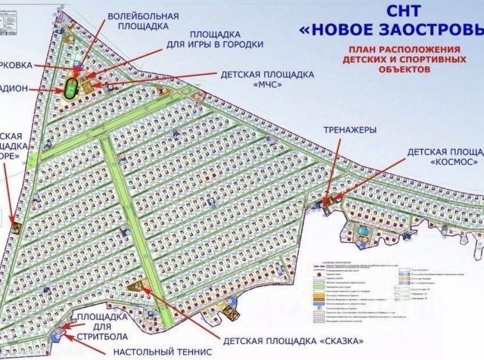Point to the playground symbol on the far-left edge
pyautogui.click(x=14, y=224)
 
